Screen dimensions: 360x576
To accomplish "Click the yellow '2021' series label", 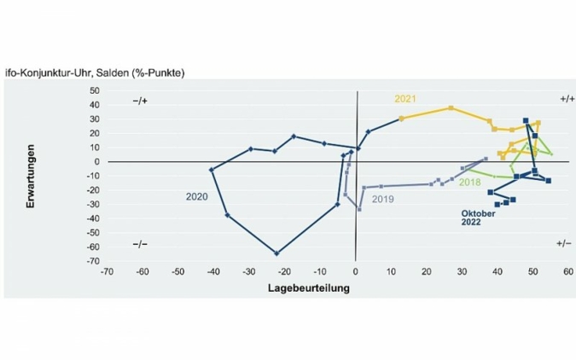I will click(x=404, y=98).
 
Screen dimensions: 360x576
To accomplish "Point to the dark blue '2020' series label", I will click(x=197, y=196).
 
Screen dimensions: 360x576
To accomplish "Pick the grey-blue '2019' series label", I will click(x=383, y=198).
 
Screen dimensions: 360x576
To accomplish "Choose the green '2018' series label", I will click(x=470, y=183).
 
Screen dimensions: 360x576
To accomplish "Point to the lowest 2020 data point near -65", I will click(x=276, y=253).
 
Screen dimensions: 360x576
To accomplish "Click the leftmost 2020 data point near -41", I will click(x=212, y=170).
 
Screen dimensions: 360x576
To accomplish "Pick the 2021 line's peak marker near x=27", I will click(x=451, y=108).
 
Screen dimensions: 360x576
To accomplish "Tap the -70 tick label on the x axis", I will click(x=108, y=273).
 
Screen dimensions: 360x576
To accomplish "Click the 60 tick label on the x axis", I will click(x=567, y=273).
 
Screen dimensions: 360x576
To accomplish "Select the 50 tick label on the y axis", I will click(x=93, y=90).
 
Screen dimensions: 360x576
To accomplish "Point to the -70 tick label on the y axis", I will click(x=91, y=261).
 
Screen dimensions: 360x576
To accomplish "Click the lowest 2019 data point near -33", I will click(x=359, y=209).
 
